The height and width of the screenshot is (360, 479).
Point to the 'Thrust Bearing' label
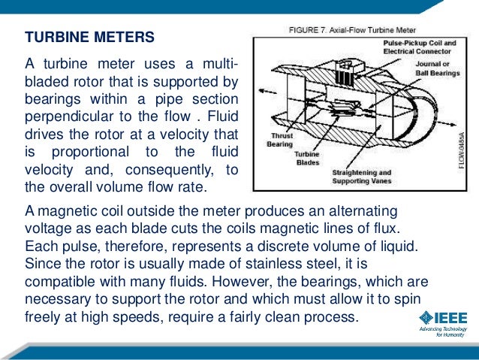coord(274,140)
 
